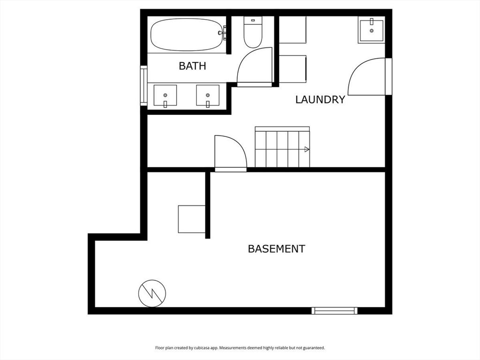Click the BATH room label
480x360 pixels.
pyautogui.click(x=192, y=66)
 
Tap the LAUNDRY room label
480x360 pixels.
pyautogui.click(x=320, y=99)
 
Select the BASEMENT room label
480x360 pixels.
pyautogui.click(x=277, y=249)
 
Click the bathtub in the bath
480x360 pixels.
pyautogui.click(x=187, y=35)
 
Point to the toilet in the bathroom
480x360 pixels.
pyautogui.click(x=253, y=32)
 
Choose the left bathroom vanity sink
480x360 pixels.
pyautogui.click(x=165, y=96)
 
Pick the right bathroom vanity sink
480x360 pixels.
pyautogui.click(x=208, y=96)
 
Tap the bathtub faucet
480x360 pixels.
pyautogui.click(x=223, y=33)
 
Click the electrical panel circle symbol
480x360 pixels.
pyautogui.click(x=152, y=293)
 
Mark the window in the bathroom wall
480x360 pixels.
pyautogui.click(x=143, y=85)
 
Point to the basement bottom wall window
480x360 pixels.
pyautogui.click(x=335, y=311)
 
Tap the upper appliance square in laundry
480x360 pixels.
pyautogui.click(x=292, y=30)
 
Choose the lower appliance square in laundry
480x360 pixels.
pyautogui.click(x=292, y=69)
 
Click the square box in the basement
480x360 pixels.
pyautogui.click(x=192, y=219)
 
